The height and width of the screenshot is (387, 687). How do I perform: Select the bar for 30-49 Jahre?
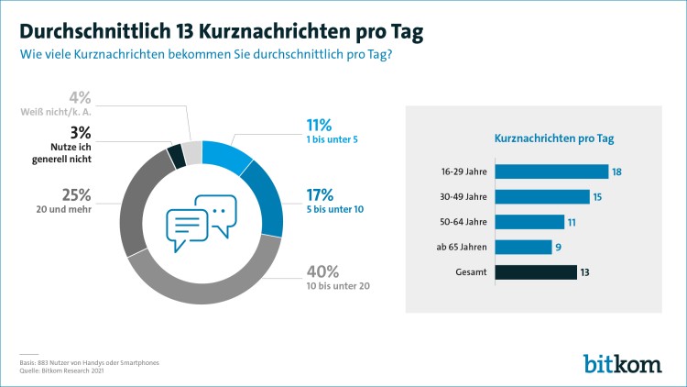pyautogui.click(x=541, y=196)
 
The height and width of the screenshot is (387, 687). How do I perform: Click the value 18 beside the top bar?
pyautogui.click(x=619, y=171)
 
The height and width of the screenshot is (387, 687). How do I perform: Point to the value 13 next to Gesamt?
pyautogui.click(x=587, y=271)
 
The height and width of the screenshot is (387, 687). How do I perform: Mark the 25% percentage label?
pyautogui.click(x=77, y=193)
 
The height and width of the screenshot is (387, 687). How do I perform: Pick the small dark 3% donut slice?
pyautogui.click(x=178, y=156)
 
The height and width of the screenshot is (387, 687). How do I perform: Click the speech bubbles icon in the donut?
pyautogui.click(x=201, y=223)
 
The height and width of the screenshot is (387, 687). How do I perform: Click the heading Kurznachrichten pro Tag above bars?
pyautogui.click(x=554, y=138)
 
